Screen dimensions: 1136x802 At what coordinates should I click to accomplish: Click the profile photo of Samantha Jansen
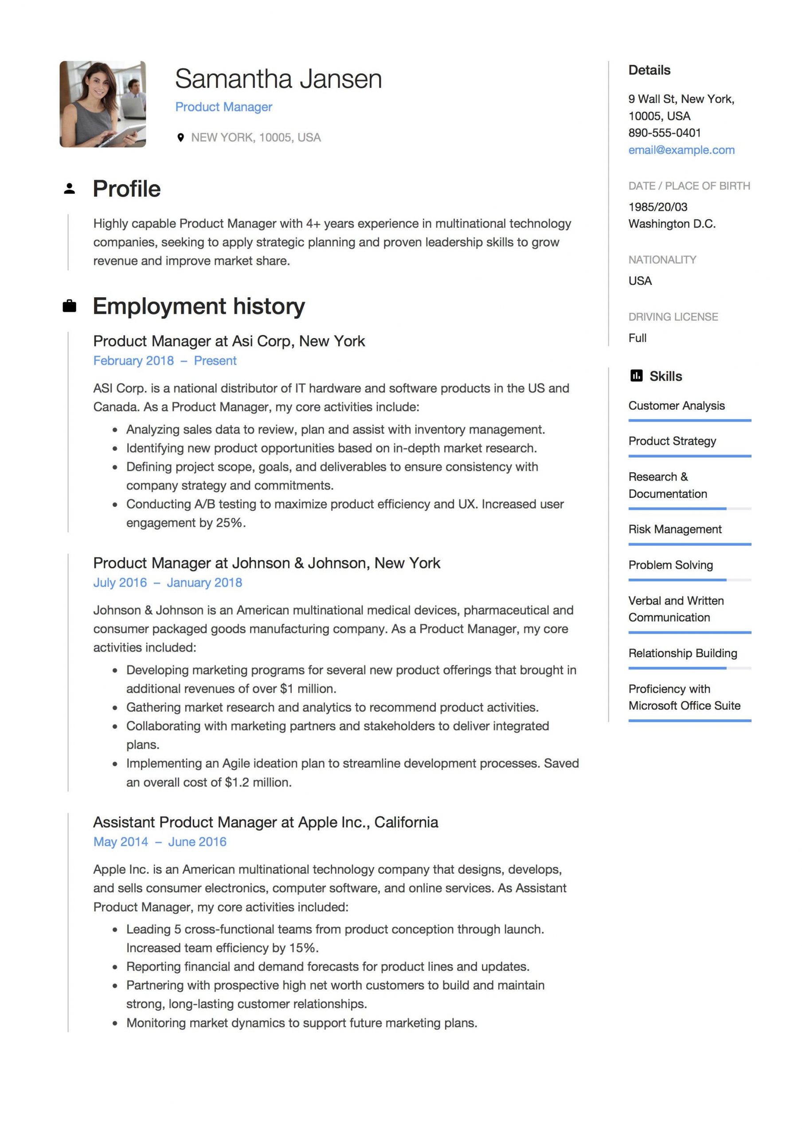click(102, 104)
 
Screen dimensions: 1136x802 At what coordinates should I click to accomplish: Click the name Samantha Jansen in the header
click(278, 79)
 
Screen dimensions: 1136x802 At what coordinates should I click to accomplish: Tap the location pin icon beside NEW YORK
click(180, 138)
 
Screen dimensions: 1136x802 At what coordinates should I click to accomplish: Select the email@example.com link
click(681, 150)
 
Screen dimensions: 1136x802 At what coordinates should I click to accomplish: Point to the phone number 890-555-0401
click(664, 133)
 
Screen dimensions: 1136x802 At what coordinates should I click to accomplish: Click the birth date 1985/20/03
click(657, 207)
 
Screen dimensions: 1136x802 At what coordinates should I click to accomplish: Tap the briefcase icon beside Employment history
click(69, 306)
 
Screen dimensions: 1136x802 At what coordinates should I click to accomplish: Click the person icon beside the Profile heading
click(69, 189)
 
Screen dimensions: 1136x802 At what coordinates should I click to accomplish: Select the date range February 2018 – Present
click(164, 361)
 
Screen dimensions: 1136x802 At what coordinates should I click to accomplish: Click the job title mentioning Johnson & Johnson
click(266, 563)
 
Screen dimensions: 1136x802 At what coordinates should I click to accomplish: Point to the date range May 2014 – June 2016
click(160, 842)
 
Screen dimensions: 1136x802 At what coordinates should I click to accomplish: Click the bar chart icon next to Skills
click(636, 376)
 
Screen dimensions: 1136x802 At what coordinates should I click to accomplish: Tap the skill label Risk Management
click(674, 529)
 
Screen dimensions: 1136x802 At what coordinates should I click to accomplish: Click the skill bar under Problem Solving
click(689, 580)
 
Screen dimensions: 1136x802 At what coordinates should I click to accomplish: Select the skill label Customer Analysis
click(676, 406)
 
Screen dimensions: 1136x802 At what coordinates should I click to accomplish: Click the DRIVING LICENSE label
click(673, 317)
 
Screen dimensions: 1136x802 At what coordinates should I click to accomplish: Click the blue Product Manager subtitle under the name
click(223, 107)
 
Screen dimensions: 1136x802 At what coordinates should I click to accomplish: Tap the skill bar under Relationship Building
click(689, 668)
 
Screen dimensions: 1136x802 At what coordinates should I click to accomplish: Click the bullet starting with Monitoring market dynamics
click(301, 1023)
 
